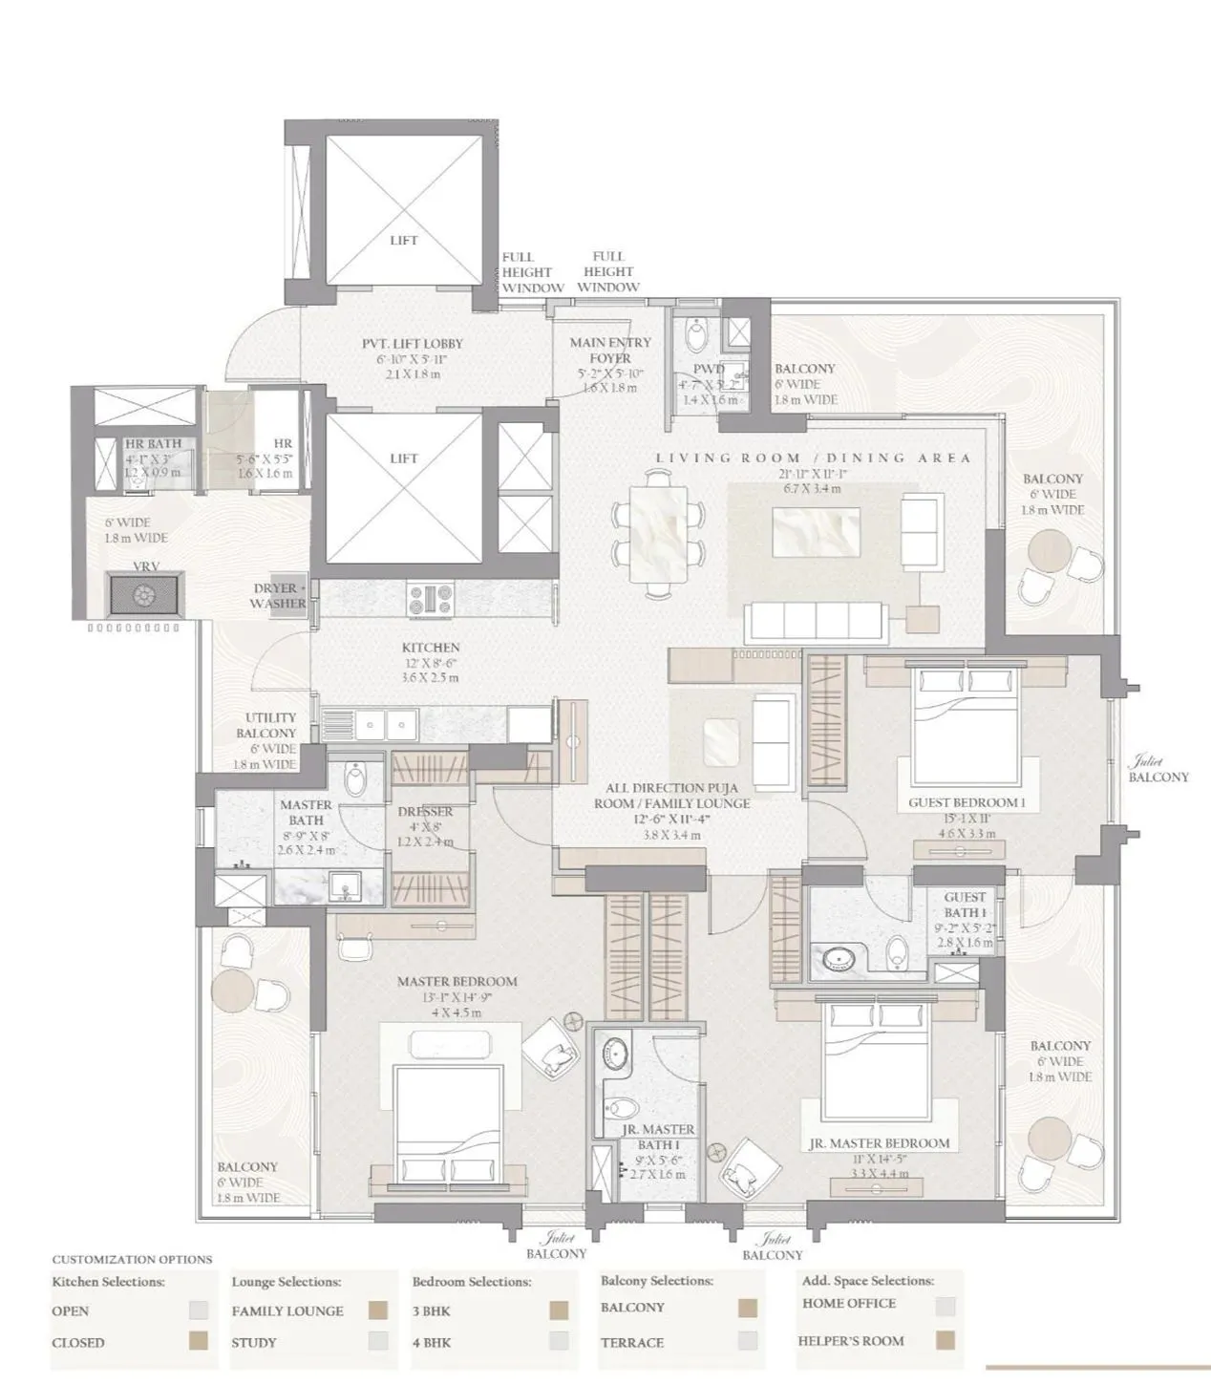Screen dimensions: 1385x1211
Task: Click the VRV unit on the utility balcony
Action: point(145,594)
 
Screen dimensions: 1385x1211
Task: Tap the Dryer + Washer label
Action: point(279,596)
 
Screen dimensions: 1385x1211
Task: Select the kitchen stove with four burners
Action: point(431,600)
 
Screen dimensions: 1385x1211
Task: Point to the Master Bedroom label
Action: point(457,982)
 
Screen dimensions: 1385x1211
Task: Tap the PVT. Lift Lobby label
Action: point(399,343)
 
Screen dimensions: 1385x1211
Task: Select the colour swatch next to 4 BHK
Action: point(559,1341)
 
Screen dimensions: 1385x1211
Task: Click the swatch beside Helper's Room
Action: point(945,1341)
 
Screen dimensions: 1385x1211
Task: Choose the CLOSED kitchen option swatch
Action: point(198,1341)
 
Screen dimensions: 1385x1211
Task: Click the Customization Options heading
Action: point(132,1259)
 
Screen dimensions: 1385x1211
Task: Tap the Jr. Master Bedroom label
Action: point(879,1143)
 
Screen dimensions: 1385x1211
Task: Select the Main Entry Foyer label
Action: point(610,350)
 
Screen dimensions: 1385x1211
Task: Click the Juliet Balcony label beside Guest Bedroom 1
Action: point(1158,770)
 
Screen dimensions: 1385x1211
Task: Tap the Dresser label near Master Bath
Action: point(425,812)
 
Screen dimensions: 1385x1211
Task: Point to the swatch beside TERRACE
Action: point(748,1341)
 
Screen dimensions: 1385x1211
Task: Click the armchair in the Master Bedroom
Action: point(551,1051)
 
